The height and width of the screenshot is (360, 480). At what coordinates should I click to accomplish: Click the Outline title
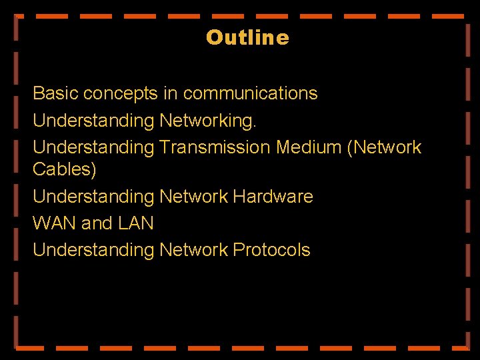(247, 37)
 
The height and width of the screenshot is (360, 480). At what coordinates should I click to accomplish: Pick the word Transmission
(215, 147)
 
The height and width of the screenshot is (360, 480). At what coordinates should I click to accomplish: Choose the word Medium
(309, 147)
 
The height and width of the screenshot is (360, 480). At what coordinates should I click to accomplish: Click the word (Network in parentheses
(385, 147)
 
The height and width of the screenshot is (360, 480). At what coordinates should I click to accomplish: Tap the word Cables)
(65, 169)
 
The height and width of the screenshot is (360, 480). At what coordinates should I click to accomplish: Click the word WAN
(55, 223)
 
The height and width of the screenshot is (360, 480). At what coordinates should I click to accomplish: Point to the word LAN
(136, 223)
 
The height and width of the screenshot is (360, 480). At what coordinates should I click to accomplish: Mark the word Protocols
(271, 250)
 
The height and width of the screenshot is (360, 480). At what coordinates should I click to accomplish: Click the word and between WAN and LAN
(97, 223)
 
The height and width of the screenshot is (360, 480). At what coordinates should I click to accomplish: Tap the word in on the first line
(170, 93)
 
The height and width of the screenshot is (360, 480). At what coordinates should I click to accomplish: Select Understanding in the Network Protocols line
(93, 251)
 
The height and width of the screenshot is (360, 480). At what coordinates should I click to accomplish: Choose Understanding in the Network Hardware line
(93, 197)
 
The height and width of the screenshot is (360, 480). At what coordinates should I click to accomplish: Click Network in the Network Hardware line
(194, 197)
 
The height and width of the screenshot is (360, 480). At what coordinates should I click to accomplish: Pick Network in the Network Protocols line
(194, 250)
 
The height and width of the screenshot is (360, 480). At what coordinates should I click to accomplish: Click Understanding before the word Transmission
(93, 147)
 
